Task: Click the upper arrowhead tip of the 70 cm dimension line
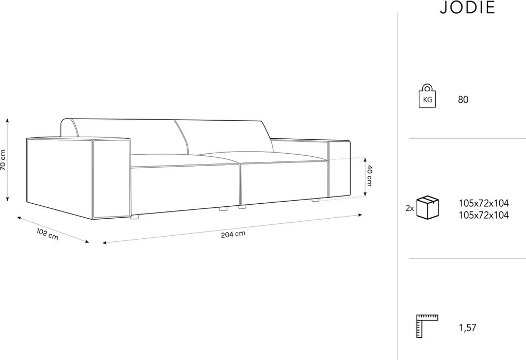tap(8, 118)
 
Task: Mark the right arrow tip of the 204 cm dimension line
tap(363, 215)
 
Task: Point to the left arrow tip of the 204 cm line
tap(103, 243)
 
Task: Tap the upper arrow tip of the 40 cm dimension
tap(366, 158)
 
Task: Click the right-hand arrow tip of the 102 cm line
tap(89, 242)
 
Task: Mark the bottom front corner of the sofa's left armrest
tap(93, 219)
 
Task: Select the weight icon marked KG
tap(427, 95)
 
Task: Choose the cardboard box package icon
tap(428, 208)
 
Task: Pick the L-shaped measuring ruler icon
tap(427, 326)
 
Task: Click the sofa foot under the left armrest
tap(135, 217)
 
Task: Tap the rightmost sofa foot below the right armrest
tap(315, 200)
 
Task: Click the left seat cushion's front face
tap(185, 186)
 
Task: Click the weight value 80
tap(463, 100)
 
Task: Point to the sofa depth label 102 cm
tap(47, 234)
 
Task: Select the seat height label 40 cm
tap(369, 175)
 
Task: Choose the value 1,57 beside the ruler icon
tap(467, 328)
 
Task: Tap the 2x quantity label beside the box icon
tap(409, 208)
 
